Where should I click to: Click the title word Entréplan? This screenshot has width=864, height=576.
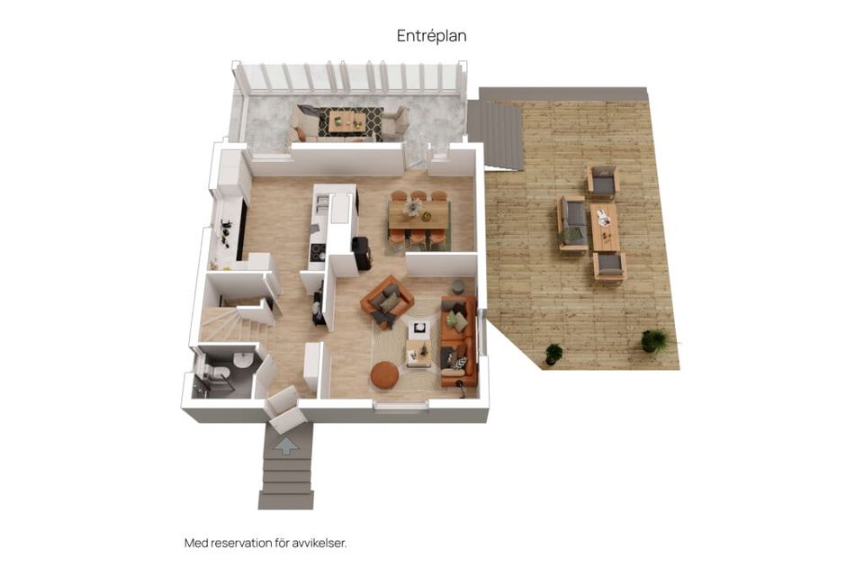pos(432,36)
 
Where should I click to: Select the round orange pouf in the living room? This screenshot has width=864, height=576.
pos(384,374)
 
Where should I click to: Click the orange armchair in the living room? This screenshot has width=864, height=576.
pos(387,301)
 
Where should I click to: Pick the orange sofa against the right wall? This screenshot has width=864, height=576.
pos(459,342)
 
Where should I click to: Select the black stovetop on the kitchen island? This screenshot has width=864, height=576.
pos(318,253)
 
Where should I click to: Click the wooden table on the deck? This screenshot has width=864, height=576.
pos(605,228)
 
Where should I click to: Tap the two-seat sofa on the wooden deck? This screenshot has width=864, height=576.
pos(571,223)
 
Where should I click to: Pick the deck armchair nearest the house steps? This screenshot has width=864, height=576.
pos(602,181)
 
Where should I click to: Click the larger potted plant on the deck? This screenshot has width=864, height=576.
pos(654,341)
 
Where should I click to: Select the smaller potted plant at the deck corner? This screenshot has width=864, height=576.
pos(553,354)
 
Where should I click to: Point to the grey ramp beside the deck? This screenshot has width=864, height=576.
pos(495,135)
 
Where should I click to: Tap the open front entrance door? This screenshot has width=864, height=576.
pos(284,409)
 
